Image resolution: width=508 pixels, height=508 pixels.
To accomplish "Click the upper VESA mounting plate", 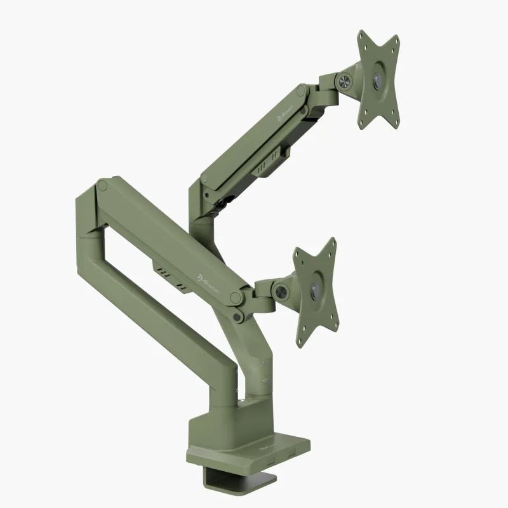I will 378,79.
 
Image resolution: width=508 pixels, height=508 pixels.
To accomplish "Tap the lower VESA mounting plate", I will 316,292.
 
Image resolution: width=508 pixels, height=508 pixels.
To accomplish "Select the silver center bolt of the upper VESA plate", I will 379,81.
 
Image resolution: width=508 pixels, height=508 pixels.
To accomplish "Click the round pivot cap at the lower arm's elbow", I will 102,185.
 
